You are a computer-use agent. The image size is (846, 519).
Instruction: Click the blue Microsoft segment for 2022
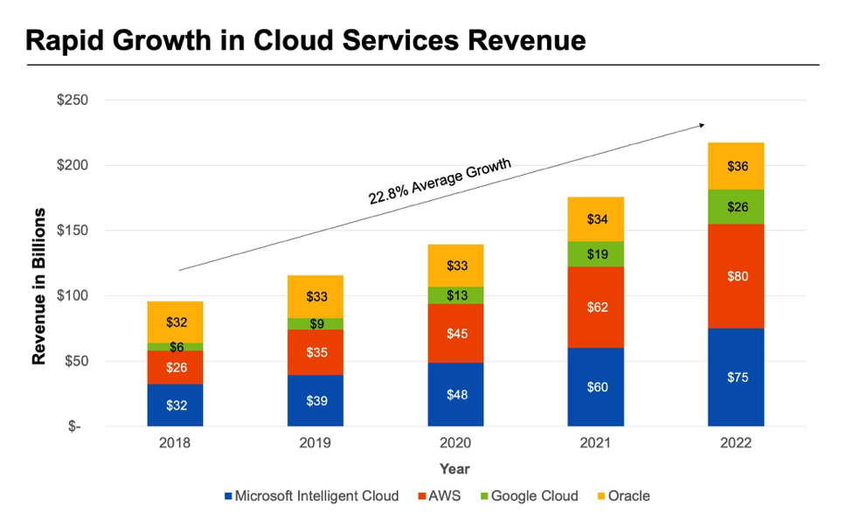pyautogui.click(x=736, y=377)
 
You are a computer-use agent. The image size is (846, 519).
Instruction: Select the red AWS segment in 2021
pyautogui.click(x=595, y=308)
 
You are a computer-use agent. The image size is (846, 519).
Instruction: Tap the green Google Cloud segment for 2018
pyautogui.click(x=175, y=347)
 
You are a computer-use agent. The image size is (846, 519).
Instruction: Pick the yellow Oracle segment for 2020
pyautogui.click(x=455, y=266)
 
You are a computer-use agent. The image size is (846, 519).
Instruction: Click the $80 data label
pyautogui.click(x=736, y=276)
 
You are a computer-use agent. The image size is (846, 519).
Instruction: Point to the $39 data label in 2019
pyautogui.click(x=315, y=400)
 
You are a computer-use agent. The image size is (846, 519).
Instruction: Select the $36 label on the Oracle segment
pyautogui.click(x=736, y=166)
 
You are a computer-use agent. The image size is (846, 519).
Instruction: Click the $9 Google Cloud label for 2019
pyautogui.click(x=315, y=324)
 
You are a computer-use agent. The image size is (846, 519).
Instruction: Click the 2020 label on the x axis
pyautogui.click(x=455, y=443)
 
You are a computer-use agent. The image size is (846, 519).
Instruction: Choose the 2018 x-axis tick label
pyautogui.click(x=175, y=443)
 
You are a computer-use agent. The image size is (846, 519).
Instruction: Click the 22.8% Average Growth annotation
pyautogui.click(x=440, y=181)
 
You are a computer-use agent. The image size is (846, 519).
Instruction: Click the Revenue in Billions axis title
pyautogui.click(x=39, y=287)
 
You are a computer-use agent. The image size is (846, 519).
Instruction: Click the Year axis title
pyautogui.click(x=454, y=469)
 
